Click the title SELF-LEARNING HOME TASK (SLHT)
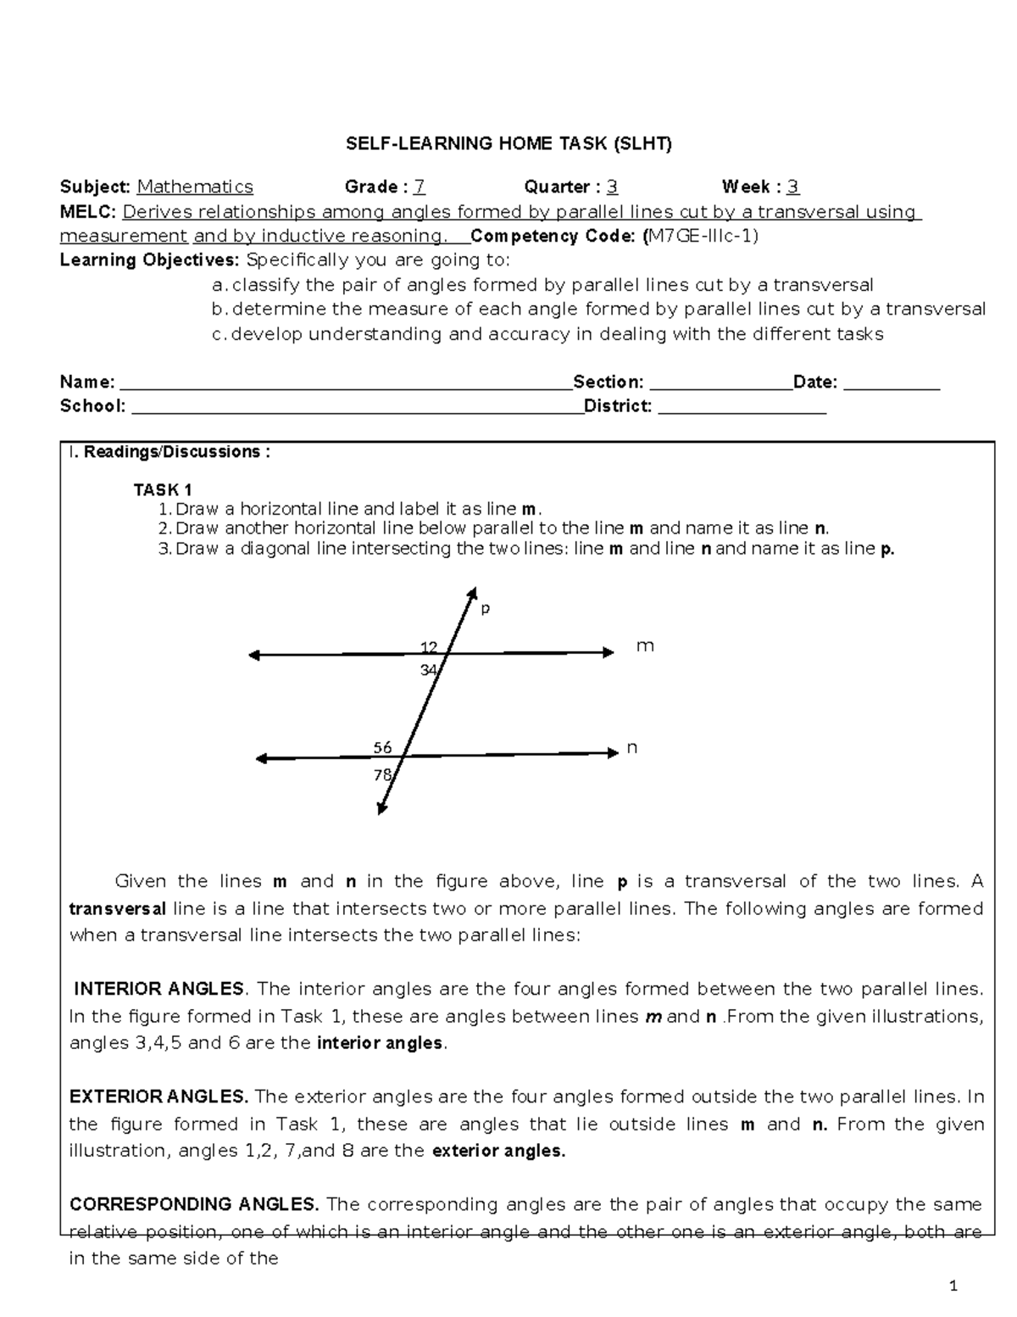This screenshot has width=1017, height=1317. (508, 143)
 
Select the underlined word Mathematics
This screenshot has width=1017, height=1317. (195, 187)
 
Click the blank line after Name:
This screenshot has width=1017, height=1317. (343, 386)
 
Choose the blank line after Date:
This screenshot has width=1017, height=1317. (892, 386)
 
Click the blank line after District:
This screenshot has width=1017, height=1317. (742, 410)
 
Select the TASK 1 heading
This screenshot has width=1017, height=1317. (163, 489)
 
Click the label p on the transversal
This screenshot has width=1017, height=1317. (486, 609)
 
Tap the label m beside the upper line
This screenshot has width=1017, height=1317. (645, 646)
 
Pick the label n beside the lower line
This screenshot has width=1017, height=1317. (631, 748)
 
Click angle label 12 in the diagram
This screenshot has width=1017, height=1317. (429, 648)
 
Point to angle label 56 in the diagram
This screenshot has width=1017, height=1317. (383, 747)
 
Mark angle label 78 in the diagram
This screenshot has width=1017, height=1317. (382, 774)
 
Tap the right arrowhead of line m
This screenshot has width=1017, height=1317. (608, 652)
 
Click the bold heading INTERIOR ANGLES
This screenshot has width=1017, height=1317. (159, 990)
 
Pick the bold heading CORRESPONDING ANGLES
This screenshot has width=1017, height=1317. (194, 1205)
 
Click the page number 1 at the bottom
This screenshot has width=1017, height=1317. (953, 1287)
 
